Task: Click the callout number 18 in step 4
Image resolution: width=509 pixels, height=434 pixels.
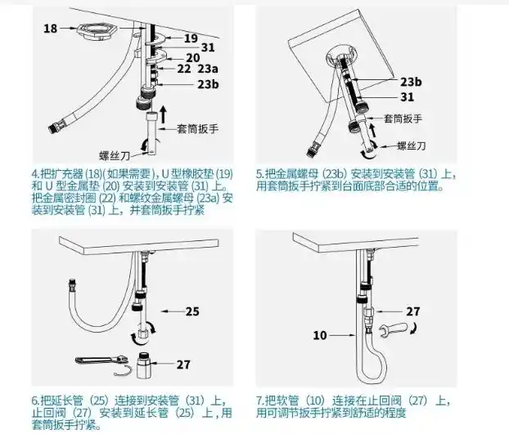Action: (x=50, y=29)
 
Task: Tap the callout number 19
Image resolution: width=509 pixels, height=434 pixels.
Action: (x=190, y=38)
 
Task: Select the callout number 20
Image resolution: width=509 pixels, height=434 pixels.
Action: (x=193, y=57)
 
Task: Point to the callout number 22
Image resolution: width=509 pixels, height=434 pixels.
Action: (x=185, y=69)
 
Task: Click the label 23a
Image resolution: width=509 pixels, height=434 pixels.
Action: (x=208, y=69)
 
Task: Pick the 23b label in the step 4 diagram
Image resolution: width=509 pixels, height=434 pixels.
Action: (x=208, y=84)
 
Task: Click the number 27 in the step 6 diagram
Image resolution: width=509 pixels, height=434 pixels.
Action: (x=183, y=365)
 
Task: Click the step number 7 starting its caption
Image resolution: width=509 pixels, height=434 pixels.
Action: (x=259, y=400)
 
